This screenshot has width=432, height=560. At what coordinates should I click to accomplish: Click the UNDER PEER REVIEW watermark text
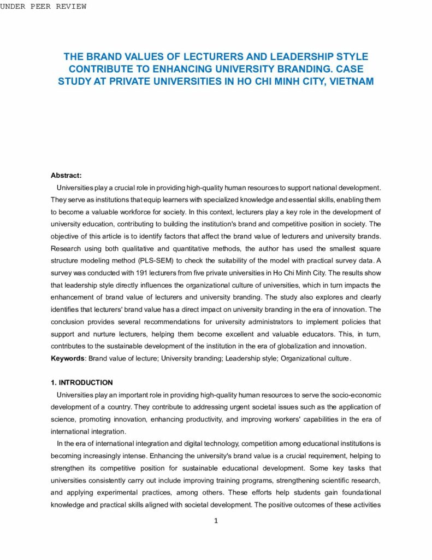43,7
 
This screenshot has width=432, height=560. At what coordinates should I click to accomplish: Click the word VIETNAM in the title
350,81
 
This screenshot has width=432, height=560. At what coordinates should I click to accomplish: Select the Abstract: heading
66,176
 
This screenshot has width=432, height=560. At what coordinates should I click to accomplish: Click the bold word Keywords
68,359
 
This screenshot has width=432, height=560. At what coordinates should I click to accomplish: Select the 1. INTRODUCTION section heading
82,383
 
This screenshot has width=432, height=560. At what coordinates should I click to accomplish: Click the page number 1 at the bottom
216,521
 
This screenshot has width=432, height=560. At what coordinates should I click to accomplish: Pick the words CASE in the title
350,69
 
